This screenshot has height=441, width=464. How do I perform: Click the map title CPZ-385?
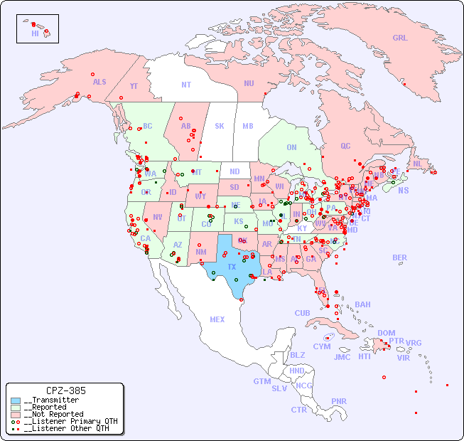point(65,390)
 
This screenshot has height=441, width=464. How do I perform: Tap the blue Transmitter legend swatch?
point(16,400)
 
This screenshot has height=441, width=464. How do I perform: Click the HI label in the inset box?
point(35,33)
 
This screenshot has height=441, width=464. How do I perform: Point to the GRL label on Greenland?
point(400,38)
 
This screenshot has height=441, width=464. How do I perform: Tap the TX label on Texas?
point(232,267)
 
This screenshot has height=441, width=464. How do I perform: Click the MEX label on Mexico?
point(217,319)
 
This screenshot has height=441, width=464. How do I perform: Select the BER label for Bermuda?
point(399,257)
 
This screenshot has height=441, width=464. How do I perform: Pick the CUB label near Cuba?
point(302,313)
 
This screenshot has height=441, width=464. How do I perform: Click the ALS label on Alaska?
point(99,82)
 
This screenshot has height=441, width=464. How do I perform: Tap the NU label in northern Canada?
point(249,83)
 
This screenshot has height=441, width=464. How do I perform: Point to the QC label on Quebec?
point(345,146)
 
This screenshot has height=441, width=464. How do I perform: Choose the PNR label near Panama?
point(339,401)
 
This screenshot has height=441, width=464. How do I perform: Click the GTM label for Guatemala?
point(261,381)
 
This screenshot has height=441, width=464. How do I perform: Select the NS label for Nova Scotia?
point(403,190)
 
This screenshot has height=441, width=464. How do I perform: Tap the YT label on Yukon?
point(134,86)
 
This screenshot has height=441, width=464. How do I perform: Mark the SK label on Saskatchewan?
point(220,126)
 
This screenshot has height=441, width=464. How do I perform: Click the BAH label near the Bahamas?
point(362,304)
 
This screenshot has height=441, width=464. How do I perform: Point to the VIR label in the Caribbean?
point(404,358)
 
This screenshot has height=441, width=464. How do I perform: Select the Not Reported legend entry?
point(53,414)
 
